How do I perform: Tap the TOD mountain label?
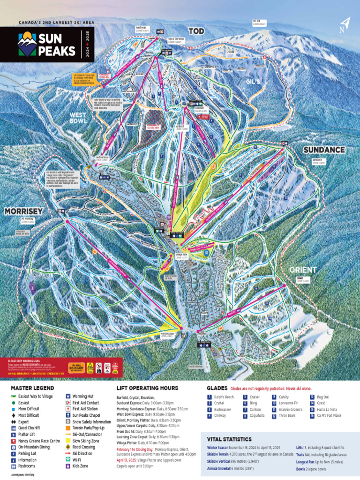pos(197,31)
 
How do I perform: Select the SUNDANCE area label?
pos(324,150)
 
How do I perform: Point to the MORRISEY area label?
pos(23,212)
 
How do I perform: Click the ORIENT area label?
pos(303,270)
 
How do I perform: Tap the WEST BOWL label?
pos(78,117)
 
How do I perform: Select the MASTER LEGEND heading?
pos(32,388)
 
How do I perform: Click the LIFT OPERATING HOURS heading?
pos(147,388)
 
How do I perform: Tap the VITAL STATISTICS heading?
pos(229,439)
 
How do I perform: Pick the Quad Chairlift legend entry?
pos(29,428)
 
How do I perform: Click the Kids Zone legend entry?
pos(80,466)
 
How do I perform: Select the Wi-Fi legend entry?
pos(77,460)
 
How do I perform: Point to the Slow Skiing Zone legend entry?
pos(86,441)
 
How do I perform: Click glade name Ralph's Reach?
pos(224,397)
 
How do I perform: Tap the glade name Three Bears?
pos(287,415)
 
